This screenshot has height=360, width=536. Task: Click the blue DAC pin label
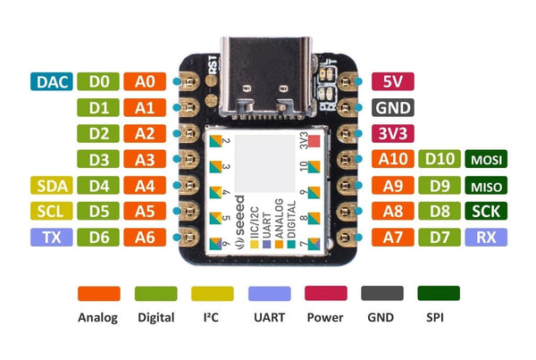pos(49,82)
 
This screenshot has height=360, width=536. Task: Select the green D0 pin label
pos(98,82)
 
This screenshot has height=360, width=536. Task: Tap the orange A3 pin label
pos(145,160)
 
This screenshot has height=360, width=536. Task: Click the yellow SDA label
pos(49,186)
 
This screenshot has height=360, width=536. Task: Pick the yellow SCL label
pos(49,212)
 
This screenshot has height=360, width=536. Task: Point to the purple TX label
pos(49,238)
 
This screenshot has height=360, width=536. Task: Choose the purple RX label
pos(487,238)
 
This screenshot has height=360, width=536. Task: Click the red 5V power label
pos(393,82)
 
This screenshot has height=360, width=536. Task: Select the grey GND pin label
pos(393,108)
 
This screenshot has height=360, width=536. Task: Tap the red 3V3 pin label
pos(393,134)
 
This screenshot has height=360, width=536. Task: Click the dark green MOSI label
pos(487,160)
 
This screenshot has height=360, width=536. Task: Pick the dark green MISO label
pos(487,186)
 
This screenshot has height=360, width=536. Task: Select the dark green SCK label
pos(487,212)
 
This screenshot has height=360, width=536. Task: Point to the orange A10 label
pos(393,160)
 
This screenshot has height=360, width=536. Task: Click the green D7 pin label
pos(440,238)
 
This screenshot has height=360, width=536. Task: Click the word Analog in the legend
pos(98,317)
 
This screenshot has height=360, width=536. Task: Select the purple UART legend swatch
pos(272,294)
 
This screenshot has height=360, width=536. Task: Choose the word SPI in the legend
pos(432,317)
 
